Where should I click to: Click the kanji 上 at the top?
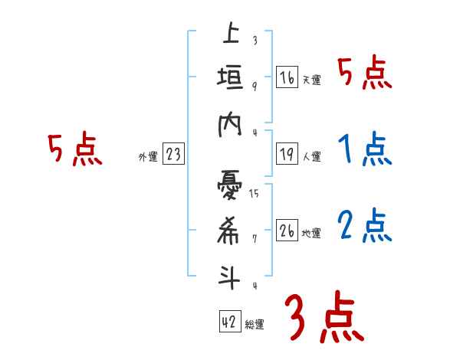pyautogui.click(x=230, y=34)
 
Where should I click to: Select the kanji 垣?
pyautogui.click(x=230, y=77)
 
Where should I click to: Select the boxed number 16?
pyautogui.click(x=287, y=77)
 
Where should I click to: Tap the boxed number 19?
pyautogui.click(x=287, y=154)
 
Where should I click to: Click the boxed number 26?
pyautogui.click(x=287, y=231)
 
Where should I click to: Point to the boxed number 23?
pyautogui.click(x=173, y=155)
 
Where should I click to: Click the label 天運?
pyautogui.click(x=311, y=80)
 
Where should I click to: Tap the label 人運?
pyautogui.click(x=311, y=156)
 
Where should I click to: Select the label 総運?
pyautogui.click(x=255, y=324)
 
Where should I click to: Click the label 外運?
pyautogui.click(x=148, y=157)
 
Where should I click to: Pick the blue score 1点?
pyautogui.click(x=365, y=150)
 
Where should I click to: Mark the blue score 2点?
pyautogui.click(x=365, y=227)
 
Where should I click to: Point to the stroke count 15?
pyautogui.click(x=254, y=193)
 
